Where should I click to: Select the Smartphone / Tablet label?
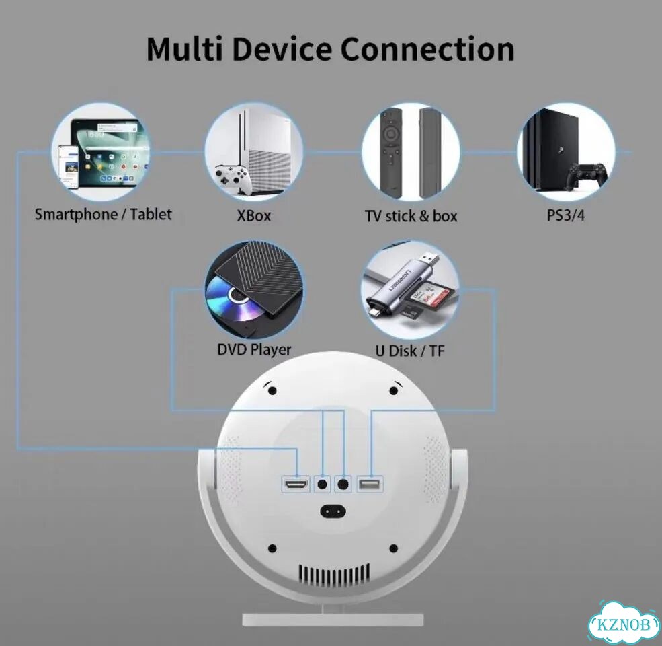point(103,215)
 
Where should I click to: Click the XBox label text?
point(254,215)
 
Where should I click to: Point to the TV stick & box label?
point(411,216)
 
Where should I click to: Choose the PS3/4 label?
point(566,215)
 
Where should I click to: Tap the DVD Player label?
point(254,350)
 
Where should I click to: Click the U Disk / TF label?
point(410,351)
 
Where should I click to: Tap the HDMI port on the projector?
point(296,484)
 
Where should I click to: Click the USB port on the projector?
point(370,484)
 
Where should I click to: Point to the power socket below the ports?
point(333,511)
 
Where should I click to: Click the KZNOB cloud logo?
point(624,624)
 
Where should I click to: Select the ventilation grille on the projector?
point(334,573)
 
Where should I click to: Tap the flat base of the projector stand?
point(333,620)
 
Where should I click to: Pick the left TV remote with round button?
point(391,153)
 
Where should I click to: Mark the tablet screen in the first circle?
point(111,151)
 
